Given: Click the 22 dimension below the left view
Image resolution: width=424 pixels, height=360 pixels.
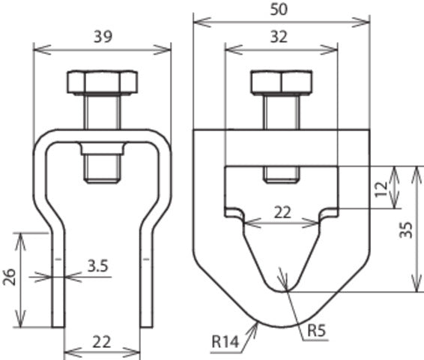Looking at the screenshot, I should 103,342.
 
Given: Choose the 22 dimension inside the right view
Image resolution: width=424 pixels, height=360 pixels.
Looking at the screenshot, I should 282,212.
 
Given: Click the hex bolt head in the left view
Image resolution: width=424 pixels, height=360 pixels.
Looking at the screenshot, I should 103,82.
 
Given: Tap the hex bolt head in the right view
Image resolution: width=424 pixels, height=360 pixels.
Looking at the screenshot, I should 281,82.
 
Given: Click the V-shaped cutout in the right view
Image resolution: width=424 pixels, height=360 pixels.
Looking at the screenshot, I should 282,255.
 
